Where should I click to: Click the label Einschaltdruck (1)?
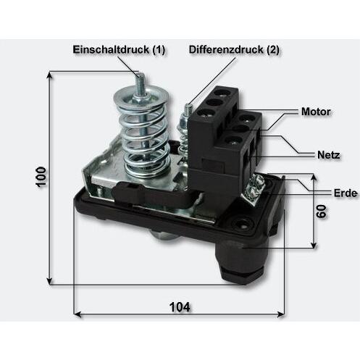coord(119,50)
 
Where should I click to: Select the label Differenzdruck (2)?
coord(234,50)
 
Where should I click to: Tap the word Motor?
coord(316,112)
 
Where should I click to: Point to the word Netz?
coord(329,155)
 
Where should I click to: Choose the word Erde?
coord(346,193)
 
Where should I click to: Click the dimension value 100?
coord(41,177)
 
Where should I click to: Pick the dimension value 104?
coord(180,307)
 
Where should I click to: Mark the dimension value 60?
coord(322,212)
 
